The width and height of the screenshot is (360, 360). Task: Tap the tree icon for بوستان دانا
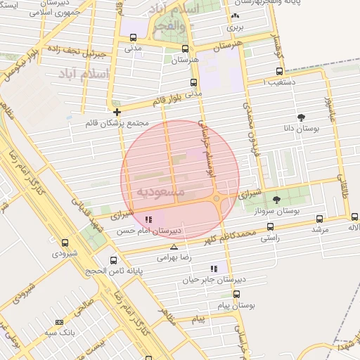pos(302,117)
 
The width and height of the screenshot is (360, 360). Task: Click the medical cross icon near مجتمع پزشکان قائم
pos(117,112)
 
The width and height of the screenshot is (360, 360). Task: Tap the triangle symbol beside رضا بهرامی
pos(174,247)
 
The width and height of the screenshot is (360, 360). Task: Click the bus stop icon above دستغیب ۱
pos(280,71)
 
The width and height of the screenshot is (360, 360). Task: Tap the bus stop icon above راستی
pos(271,226)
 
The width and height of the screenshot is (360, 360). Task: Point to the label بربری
pos(234,28)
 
